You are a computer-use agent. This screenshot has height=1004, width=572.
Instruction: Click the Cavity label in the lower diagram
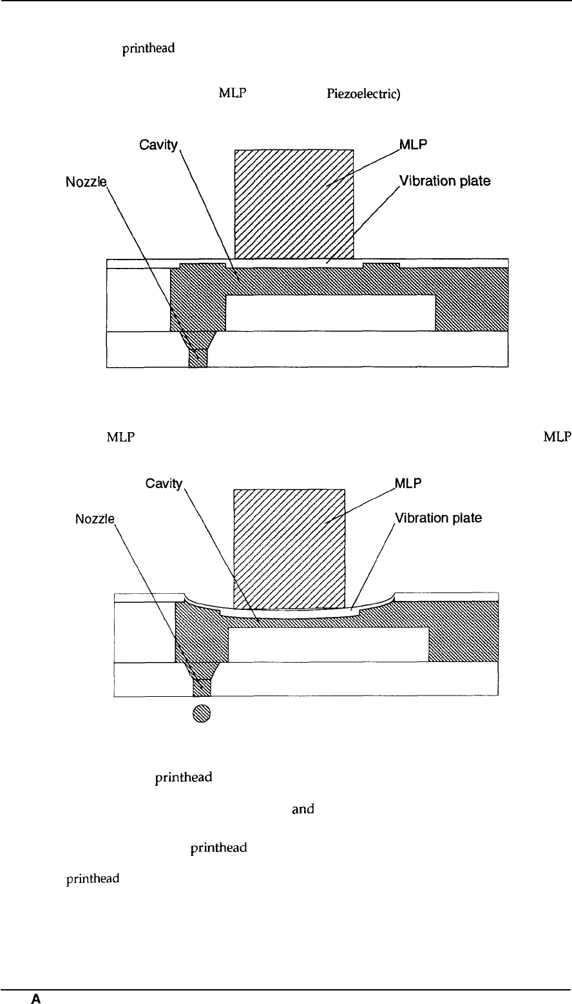(162, 483)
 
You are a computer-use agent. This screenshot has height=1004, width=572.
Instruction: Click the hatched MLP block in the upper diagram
(294, 203)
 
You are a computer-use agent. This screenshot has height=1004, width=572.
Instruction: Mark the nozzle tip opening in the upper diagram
(198, 359)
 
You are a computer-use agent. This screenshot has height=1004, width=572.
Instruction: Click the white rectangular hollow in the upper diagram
(330, 313)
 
